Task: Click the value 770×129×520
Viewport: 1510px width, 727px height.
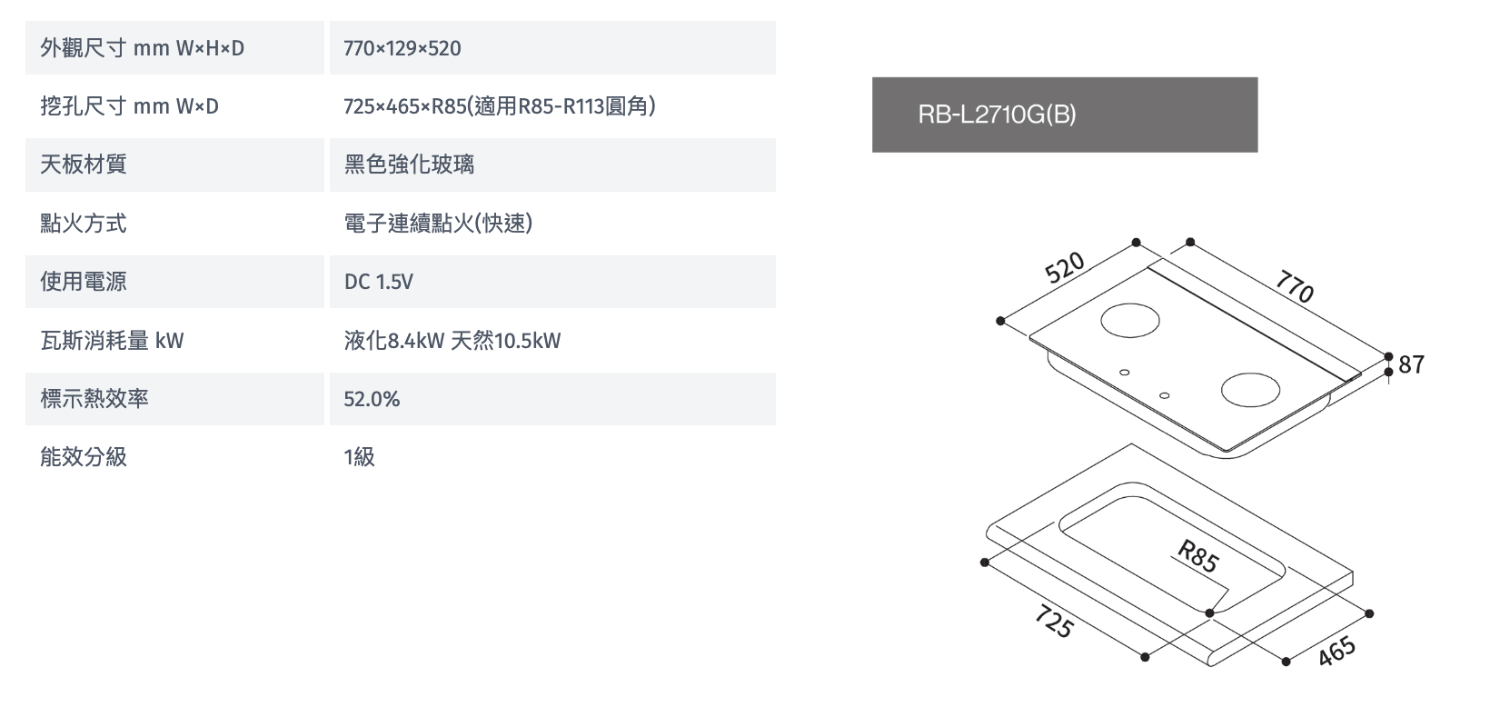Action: coord(402,48)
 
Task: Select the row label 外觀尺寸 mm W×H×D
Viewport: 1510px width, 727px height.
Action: coord(143,48)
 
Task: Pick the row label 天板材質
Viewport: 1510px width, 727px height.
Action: coord(84,164)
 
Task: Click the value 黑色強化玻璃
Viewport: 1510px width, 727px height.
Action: coord(409,164)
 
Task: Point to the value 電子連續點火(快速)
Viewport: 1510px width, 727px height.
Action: coord(438,224)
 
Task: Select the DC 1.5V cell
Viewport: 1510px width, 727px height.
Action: coord(378,282)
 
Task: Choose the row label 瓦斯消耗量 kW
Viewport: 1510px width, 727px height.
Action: coord(112,341)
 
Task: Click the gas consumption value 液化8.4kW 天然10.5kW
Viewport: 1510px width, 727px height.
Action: coord(452,341)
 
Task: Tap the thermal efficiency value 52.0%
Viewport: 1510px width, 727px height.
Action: coord(372,399)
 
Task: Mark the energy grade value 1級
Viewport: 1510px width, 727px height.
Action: coord(359,457)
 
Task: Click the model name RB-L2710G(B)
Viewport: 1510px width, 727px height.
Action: coord(997,115)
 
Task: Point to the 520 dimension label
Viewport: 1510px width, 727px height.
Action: coord(1065,267)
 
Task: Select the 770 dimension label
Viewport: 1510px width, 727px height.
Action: coord(1295,287)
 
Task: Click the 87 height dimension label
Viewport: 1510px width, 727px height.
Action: coord(1412,364)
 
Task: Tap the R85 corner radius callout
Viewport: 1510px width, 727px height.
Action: coord(1197,556)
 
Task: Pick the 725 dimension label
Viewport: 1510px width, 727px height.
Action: coord(1054,621)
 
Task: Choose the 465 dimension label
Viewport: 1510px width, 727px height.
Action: coord(1336,652)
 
